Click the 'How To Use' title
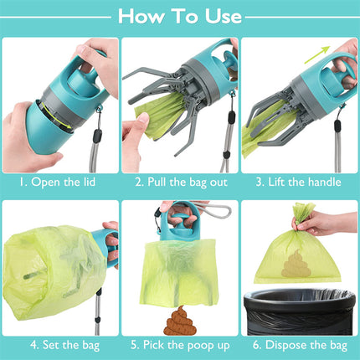tap(180, 16)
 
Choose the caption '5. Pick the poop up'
tap(180, 343)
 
